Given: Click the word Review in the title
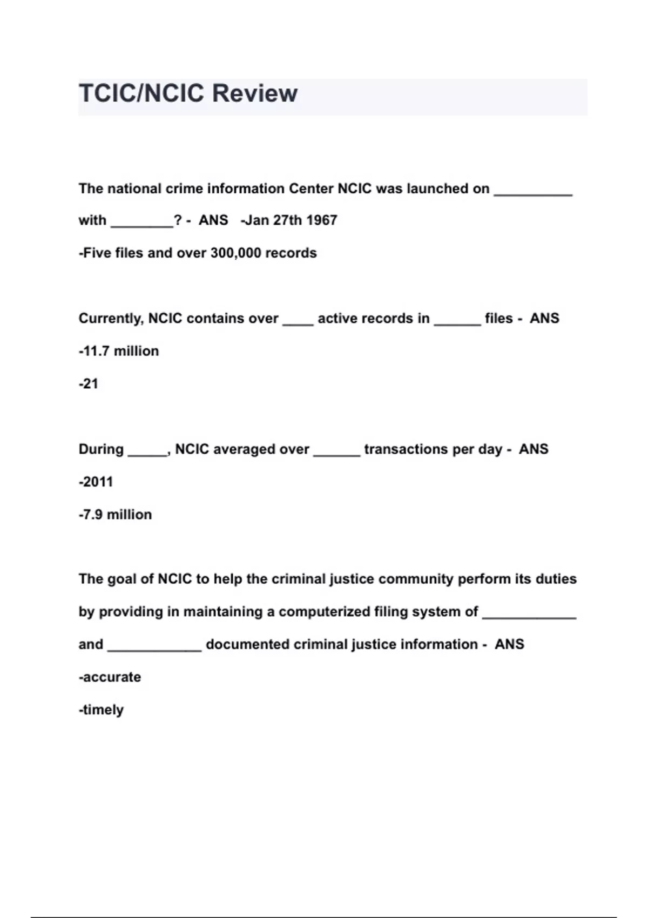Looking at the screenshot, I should pos(254,93).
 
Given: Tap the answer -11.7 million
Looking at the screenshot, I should pos(119,351).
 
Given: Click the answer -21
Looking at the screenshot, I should pos(89,384).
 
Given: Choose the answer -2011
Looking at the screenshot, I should pos(96,482).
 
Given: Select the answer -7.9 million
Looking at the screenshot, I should pos(115,515).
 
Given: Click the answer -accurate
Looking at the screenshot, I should pos(110,677).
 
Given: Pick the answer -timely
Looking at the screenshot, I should pos(101,710).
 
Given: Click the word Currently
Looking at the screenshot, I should pos(111,319).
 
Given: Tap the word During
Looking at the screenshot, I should pos(101,449).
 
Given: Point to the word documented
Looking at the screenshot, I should pos(247,644).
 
